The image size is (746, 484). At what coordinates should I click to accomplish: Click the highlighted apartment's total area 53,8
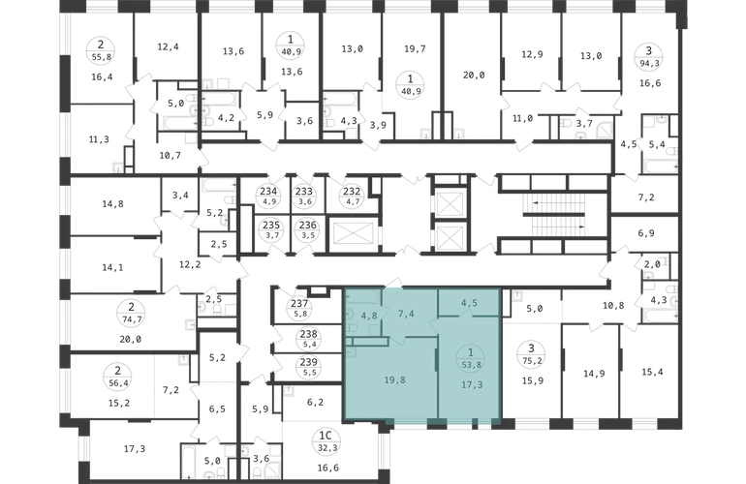471,365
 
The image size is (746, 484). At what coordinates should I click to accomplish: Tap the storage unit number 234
268,192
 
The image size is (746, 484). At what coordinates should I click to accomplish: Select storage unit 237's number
300,303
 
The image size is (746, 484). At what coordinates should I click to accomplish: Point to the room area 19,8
395,379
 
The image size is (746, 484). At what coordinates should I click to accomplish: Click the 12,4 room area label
168,46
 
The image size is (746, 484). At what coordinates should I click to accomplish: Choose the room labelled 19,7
415,48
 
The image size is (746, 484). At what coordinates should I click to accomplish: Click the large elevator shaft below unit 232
352,233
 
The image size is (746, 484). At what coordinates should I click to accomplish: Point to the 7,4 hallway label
406,314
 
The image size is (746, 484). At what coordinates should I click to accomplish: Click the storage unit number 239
309,363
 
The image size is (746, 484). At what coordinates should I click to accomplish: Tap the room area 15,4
652,372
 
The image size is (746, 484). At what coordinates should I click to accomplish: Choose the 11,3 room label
99,139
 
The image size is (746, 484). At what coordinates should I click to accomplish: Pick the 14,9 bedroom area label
594,374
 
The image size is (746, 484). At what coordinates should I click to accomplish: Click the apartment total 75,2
532,360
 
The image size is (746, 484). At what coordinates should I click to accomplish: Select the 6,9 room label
646,233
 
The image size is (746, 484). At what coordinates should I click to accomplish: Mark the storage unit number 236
308,226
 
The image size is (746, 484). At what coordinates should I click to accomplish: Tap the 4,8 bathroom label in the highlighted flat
368,316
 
